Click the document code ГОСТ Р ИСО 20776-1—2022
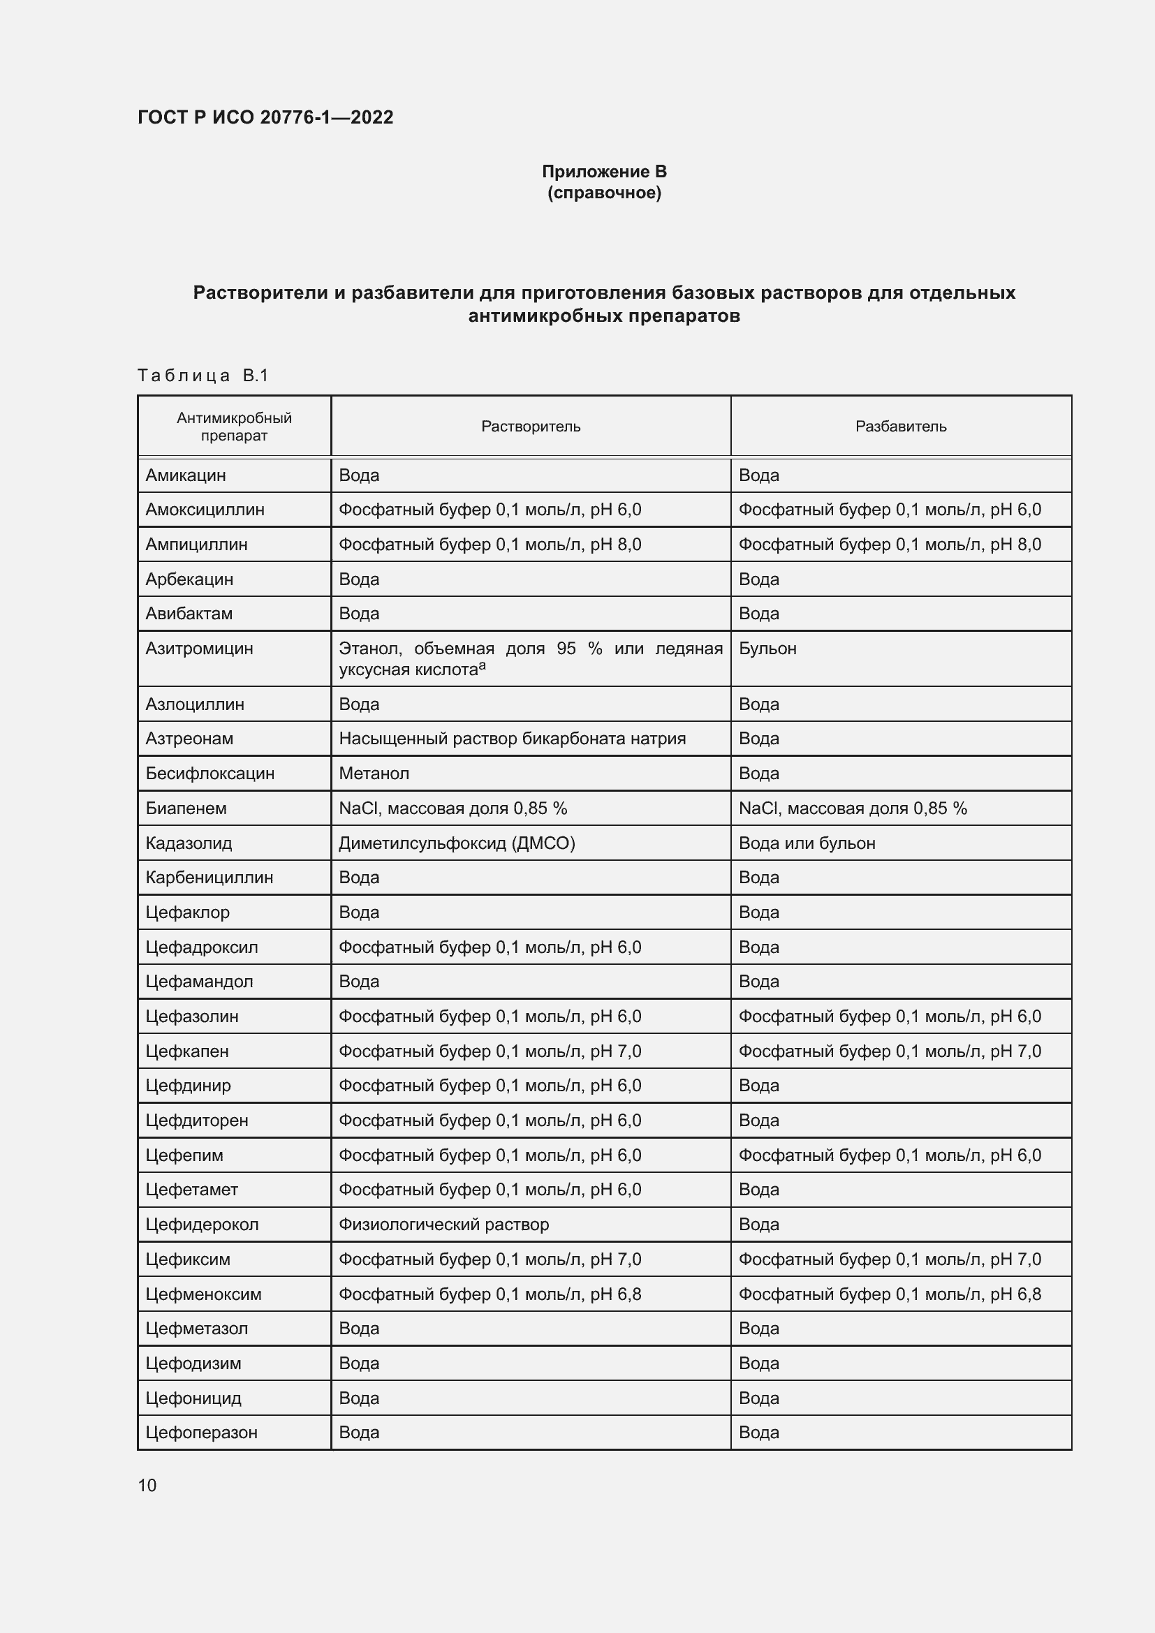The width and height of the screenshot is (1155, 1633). click(x=265, y=117)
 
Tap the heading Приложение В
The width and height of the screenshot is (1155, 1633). click(x=604, y=172)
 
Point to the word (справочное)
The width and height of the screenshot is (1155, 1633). click(x=604, y=193)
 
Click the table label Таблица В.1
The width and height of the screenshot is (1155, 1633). click(x=203, y=375)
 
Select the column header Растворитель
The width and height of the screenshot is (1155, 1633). click(x=531, y=426)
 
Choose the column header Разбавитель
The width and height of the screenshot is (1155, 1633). click(x=900, y=426)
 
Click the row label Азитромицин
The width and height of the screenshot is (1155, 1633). click(x=199, y=648)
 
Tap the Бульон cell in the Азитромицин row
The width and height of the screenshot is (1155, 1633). click(x=767, y=648)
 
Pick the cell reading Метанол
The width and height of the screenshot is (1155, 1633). click(x=374, y=773)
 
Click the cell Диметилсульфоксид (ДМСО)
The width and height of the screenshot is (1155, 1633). click(x=457, y=843)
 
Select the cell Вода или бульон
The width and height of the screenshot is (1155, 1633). click(x=807, y=843)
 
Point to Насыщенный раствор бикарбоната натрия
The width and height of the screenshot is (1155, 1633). click(x=512, y=738)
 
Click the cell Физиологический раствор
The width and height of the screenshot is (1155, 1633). click(x=444, y=1224)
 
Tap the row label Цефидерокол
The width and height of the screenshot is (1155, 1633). click(x=202, y=1224)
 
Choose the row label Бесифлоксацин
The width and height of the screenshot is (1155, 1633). click(x=209, y=773)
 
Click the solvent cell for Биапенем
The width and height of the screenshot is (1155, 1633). click(x=453, y=808)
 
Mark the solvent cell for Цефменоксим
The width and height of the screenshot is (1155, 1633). click(x=490, y=1294)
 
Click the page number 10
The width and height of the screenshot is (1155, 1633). click(x=147, y=1485)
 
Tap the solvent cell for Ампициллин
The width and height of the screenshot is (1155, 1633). click(x=490, y=544)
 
